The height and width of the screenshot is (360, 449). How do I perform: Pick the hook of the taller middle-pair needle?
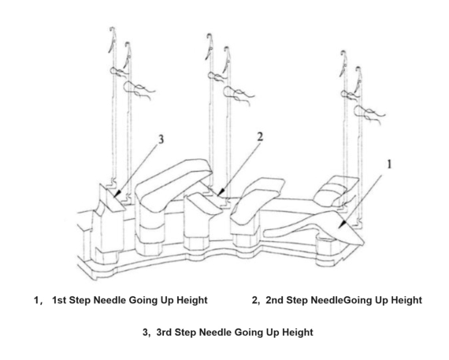(x=208, y=38)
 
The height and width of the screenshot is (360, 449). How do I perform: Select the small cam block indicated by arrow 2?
(x=206, y=202)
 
